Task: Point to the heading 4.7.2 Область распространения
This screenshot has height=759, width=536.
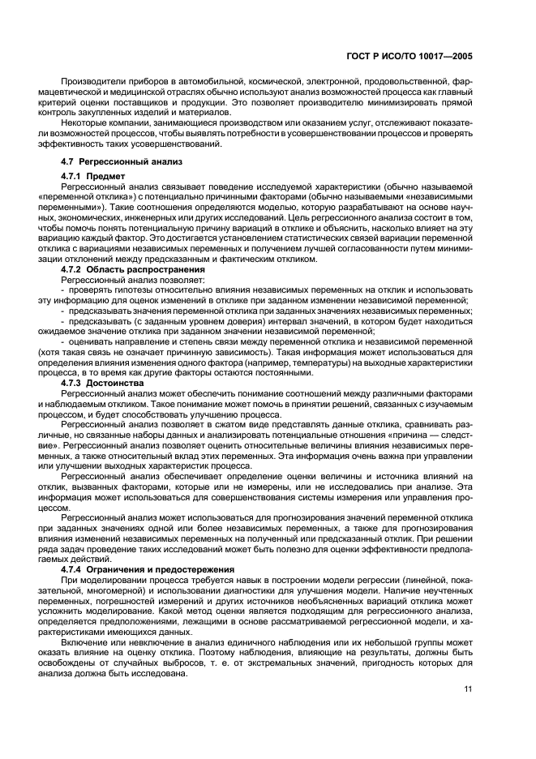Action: pos(129,268)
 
